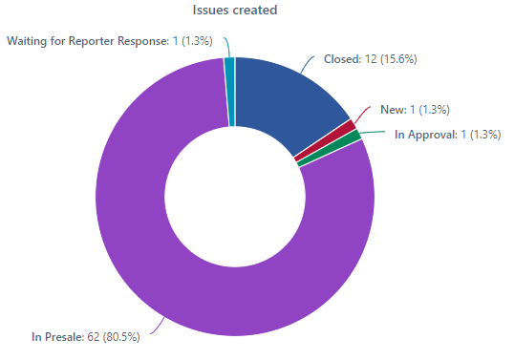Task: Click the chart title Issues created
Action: [x=235, y=11]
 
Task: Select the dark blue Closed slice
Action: [x=287, y=95]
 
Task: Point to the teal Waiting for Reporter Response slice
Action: [x=229, y=91]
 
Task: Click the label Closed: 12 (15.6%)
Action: [x=370, y=59]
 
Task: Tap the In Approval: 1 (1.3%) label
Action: [x=447, y=135]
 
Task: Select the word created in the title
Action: [x=256, y=11]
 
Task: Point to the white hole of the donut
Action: [x=235, y=197]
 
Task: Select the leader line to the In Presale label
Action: [x=158, y=328]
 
